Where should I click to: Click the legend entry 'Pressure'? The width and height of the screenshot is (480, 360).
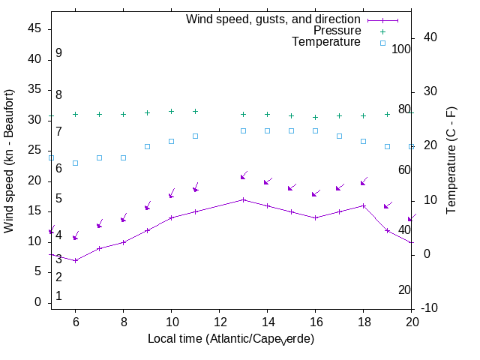(x=337, y=31)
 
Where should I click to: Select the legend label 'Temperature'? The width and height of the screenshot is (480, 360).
(x=326, y=42)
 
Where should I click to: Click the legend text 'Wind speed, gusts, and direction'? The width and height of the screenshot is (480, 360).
(x=273, y=19)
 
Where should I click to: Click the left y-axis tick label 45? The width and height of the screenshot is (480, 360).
(x=34, y=28)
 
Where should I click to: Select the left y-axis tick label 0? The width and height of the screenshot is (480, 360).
(x=37, y=302)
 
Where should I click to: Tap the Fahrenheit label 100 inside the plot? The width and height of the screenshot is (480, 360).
(x=402, y=49)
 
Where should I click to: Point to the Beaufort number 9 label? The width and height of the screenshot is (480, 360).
(x=58, y=53)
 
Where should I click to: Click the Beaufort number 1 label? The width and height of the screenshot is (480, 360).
(x=58, y=296)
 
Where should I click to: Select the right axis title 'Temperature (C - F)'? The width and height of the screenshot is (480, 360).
(x=452, y=159)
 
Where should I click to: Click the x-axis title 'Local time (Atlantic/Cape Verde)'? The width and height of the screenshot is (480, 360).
(x=231, y=339)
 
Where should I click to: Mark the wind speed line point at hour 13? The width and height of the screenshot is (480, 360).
(x=243, y=199)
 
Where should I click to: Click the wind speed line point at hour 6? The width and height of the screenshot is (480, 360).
(x=75, y=260)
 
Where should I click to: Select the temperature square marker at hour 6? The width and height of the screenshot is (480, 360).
(x=75, y=163)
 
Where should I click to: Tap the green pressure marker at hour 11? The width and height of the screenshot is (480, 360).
(x=195, y=111)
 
